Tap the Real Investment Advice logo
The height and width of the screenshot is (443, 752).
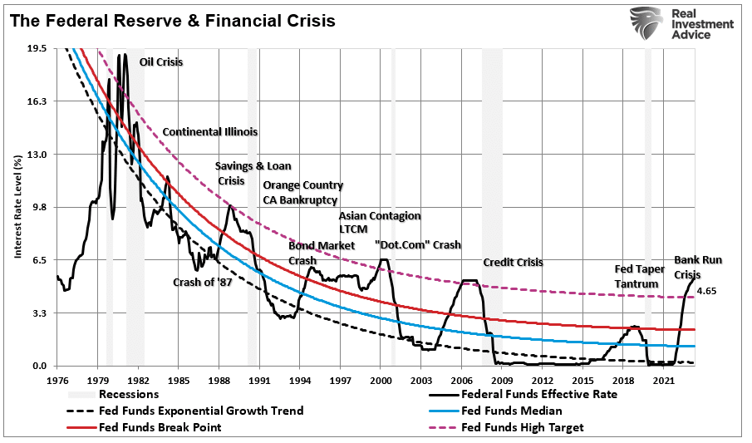(x=681, y=24)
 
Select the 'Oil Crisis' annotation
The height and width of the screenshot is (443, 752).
(x=161, y=62)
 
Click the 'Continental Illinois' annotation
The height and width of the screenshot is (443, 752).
(x=209, y=131)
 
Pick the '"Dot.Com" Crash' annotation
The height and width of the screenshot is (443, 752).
(x=417, y=245)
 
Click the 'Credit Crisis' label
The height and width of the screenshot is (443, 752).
(x=513, y=262)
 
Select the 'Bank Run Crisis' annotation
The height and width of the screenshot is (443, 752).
(x=698, y=267)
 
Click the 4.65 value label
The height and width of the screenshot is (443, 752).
(x=706, y=291)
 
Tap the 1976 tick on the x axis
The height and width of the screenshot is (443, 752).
(x=57, y=379)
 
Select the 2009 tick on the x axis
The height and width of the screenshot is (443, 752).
(x=502, y=379)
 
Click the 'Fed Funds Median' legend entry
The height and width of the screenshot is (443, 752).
(x=511, y=411)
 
